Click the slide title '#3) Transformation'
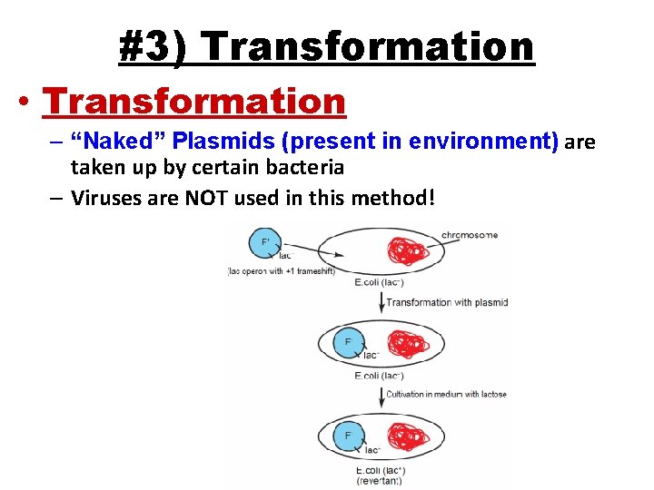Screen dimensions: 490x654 [x=327, y=47]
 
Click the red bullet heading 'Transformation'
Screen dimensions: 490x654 [x=193, y=101]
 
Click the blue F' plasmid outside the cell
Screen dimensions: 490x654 [x=266, y=243]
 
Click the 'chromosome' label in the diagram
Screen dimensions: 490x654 [x=470, y=235]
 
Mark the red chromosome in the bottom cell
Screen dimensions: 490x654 [x=414, y=436]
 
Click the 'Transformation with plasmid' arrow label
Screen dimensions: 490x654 [x=447, y=303]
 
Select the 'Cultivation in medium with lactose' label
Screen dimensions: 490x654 [x=446, y=394]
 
